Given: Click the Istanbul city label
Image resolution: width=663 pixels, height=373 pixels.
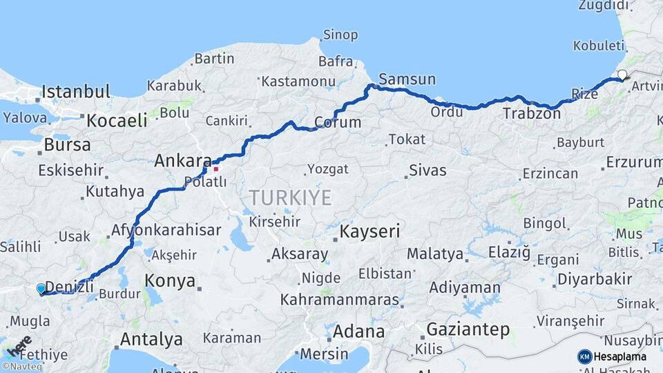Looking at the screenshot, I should [x=76, y=91].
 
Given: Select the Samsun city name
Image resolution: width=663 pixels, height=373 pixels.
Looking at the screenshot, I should [x=407, y=79].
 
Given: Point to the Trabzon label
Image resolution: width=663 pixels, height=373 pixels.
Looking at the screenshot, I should [x=532, y=113].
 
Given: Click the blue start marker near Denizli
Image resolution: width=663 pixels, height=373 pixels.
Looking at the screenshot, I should [x=41, y=289].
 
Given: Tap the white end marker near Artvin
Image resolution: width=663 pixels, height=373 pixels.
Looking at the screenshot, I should [x=622, y=75].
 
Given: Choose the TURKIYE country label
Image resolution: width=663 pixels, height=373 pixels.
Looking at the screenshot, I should [x=290, y=198].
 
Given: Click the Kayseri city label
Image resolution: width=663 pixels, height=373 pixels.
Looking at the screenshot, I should [x=369, y=231].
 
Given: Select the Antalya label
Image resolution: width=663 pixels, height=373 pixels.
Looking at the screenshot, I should [x=151, y=339].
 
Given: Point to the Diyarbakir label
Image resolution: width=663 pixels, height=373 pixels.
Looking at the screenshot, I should [x=595, y=279].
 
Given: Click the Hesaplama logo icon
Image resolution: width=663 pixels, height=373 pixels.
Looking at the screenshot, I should [x=584, y=356].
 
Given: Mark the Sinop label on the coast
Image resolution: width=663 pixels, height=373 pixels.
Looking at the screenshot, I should [x=341, y=35].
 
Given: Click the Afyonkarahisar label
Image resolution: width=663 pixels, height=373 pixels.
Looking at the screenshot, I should [x=166, y=230].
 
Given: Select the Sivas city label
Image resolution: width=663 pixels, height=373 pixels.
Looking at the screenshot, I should [x=427, y=170].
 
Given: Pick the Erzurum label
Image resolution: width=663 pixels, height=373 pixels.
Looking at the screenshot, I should [x=634, y=162].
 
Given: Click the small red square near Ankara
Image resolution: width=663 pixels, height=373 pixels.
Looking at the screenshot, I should [x=215, y=168].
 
